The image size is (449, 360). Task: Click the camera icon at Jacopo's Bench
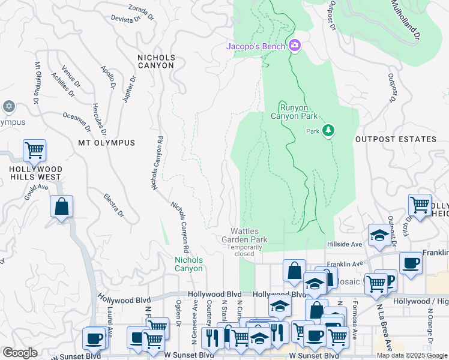(294, 46)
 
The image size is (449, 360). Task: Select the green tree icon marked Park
(328, 130)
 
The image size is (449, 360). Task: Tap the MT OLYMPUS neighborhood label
(106, 143)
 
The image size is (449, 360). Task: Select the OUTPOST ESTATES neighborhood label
(396, 139)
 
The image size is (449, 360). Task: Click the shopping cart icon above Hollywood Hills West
(34, 150)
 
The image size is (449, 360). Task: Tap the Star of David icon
(8, 107)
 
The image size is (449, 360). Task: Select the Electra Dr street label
(113, 205)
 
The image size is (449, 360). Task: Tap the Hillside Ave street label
(345, 244)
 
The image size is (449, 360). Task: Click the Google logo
(20, 353)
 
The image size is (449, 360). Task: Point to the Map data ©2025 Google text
(411, 355)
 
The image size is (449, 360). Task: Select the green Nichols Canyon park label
(188, 264)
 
